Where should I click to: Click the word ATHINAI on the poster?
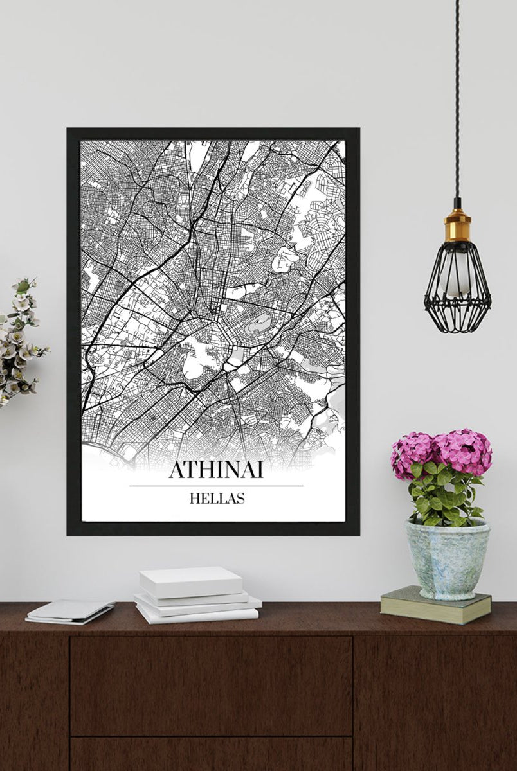tap(216, 470)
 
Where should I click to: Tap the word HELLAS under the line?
tap(217, 498)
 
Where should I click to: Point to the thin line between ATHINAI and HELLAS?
tap(216, 486)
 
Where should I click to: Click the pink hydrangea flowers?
tap(442, 452)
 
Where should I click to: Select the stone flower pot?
tap(446, 558)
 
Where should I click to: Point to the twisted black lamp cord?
tap(457, 96)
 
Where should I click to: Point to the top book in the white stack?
tap(191, 581)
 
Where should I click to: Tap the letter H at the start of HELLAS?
tap(194, 498)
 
